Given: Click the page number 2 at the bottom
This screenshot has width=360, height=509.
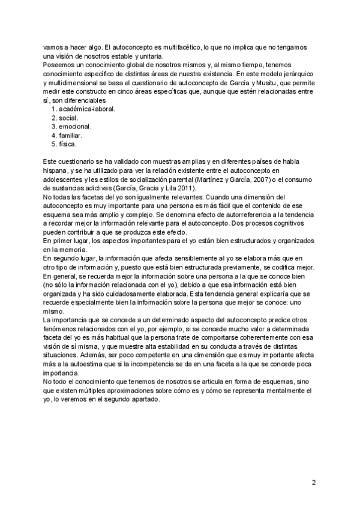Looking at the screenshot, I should coord(314,482).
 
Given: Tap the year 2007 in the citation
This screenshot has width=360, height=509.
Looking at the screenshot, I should coord(251,179).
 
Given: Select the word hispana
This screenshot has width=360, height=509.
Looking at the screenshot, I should coord(56,171).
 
